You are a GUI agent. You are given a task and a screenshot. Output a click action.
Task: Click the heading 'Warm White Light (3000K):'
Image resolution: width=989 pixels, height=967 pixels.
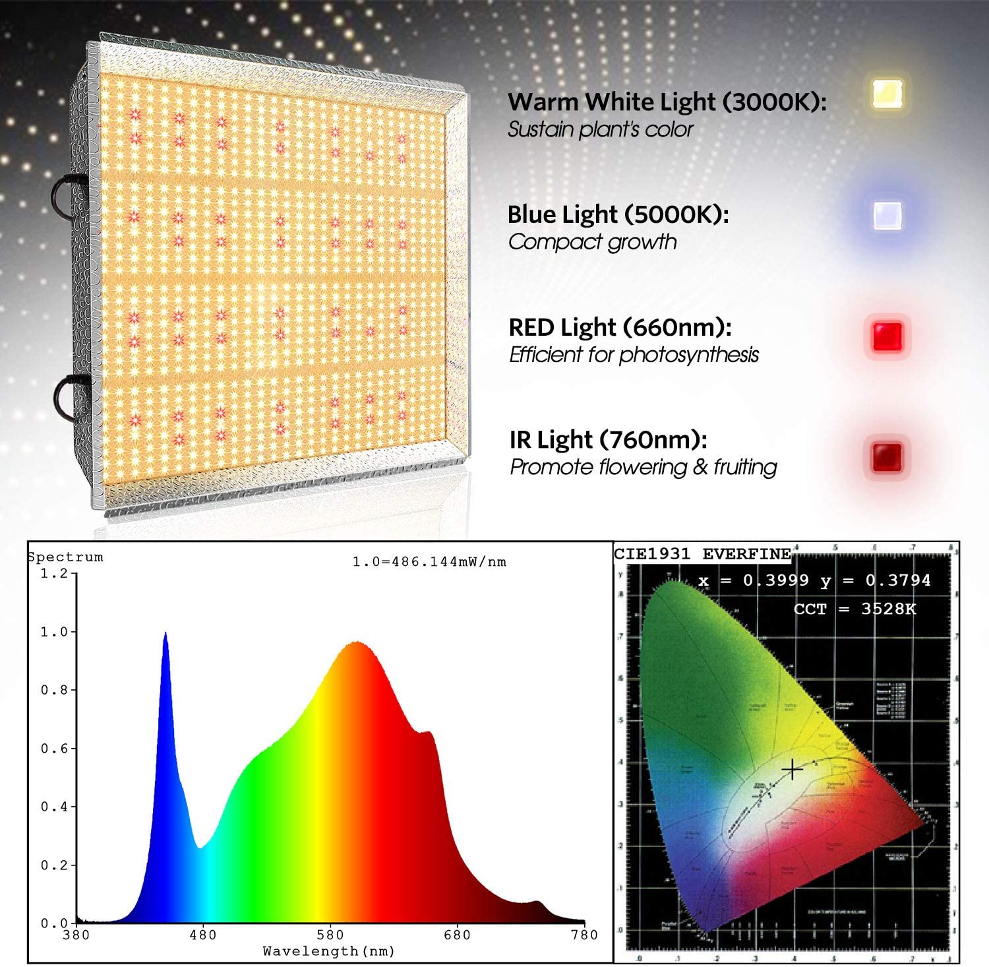[x=666, y=102]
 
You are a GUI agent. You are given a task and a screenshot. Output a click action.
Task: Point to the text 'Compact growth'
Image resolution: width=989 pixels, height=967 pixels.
[x=592, y=242]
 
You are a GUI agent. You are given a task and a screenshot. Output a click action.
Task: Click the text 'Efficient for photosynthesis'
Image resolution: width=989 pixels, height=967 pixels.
[x=634, y=355]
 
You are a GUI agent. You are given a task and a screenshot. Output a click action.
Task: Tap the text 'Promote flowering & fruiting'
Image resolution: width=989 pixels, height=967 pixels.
[x=643, y=468]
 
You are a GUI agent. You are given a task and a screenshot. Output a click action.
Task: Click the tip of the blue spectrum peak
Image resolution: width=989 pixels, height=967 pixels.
[x=165, y=634]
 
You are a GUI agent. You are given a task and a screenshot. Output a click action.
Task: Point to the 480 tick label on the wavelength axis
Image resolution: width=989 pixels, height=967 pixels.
[x=202, y=935]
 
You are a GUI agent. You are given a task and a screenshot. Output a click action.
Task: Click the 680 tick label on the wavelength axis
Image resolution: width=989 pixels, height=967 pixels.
[x=457, y=935]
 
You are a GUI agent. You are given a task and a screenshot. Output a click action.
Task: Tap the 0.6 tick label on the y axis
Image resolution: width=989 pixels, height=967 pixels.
[x=53, y=749]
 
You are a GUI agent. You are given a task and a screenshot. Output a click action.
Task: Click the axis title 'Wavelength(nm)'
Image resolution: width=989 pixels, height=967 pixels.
[x=328, y=951]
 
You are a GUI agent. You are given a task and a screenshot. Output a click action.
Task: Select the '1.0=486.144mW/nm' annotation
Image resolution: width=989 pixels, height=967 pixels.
[x=429, y=562]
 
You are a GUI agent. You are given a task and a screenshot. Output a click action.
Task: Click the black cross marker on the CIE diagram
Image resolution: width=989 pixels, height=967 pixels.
[x=792, y=770]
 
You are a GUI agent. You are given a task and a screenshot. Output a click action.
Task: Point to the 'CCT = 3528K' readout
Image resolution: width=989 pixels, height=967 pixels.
[x=854, y=609]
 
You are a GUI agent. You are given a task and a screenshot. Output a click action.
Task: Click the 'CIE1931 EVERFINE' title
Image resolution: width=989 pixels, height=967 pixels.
[x=702, y=554]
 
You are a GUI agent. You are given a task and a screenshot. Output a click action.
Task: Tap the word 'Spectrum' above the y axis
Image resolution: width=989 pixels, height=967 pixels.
[x=65, y=557]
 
